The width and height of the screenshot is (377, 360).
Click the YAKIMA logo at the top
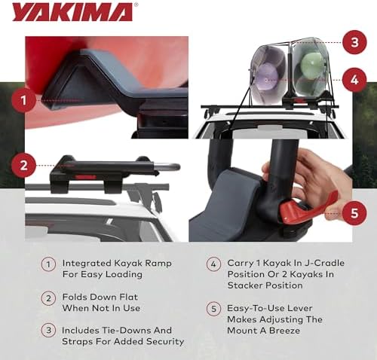pyautogui.click(x=72, y=12)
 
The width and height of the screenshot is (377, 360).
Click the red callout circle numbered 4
pyautogui.click(x=353, y=78)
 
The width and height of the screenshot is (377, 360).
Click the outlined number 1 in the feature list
pyautogui.click(x=48, y=264)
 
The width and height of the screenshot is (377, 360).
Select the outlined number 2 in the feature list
pyautogui.click(x=48, y=298)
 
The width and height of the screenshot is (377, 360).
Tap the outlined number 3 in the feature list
pyautogui.click(x=48, y=331)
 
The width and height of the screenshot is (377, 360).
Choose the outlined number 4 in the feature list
pyautogui.click(x=213, y=264)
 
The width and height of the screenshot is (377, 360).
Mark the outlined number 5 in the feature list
pyautogui.click(x=213, y=307)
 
